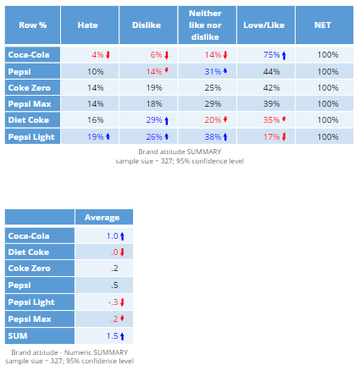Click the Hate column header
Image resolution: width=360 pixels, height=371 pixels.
pyautogui.click(x=89, y=25)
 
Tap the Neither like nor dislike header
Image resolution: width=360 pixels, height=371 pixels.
pyautogui.click(x=205, y=25)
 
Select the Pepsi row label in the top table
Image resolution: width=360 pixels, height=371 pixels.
pyautogui.click(x=31, y=71)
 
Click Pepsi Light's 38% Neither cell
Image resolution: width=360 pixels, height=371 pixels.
pyautogui.click(x=205, y=136)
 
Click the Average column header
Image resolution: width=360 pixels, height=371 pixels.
pyautogui.click(x=103, y=218)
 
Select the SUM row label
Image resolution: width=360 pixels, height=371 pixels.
pyautogui.click(x=40, y=335)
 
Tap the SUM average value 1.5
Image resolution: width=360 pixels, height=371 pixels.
pyautogui.click(x=103, y=335)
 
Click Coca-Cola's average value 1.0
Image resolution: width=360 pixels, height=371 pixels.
pyautogui.click(x=103, y=236)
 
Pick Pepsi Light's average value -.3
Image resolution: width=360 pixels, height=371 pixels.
pyautogui.click(x=103, y=302)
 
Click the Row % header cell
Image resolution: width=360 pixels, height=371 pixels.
pyautogui.click(x=32, y=25)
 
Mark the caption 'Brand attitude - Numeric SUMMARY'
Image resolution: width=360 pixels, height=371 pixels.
pyautogui.click(x=69, y=352)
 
